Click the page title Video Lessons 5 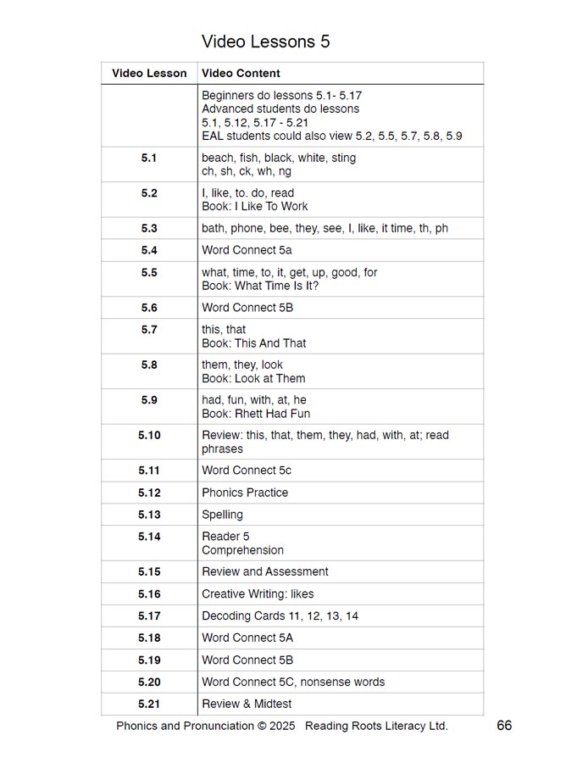(265, 42)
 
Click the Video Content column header (241, 74)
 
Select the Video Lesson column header (149, 74)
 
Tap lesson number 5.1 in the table (149, 159)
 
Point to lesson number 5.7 (149, 330)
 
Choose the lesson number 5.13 (149, 515)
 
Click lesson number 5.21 (149, 705)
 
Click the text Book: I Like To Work (254, 207)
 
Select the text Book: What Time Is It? (260, 287)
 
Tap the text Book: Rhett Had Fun (256, 415)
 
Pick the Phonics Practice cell (245, 493)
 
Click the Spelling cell (222, 515)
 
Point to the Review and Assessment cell (264, 572)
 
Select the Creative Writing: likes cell (258, 594)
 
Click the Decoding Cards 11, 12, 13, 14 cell (280, 616)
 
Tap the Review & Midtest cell (247, 705)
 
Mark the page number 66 (504, 726)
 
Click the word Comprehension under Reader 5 (242, 550)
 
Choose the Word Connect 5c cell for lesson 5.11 (247, 471)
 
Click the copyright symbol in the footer (262, 727)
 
